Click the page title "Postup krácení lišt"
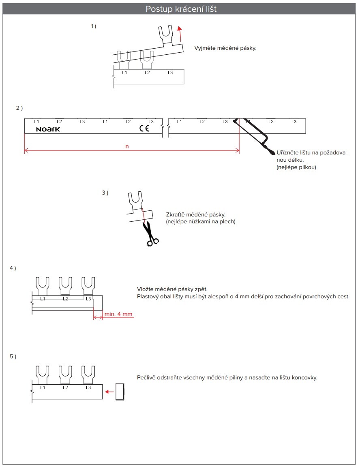pos(181,9)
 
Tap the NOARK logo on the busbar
pos(48,130)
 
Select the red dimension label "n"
pos(127,146)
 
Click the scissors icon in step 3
pos(150,234)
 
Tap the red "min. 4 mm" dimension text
pos(118,315)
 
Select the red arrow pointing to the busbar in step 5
pos(109,392)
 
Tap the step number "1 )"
pos(93,26)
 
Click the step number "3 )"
pos(105,192)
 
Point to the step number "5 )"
pos(13,356)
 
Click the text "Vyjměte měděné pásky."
pos(225,48)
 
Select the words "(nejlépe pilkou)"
pos(296,167)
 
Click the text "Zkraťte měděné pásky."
pos(196,214)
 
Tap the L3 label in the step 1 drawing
pos(170,73)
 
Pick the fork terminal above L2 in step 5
pos(65,373)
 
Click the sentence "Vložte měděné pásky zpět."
pos(172,289)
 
